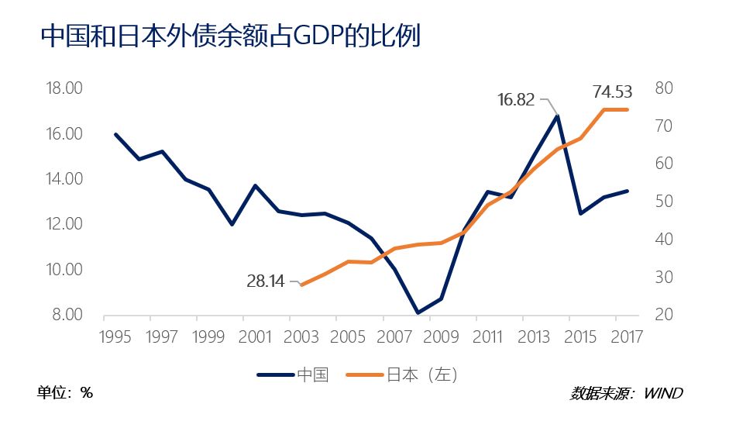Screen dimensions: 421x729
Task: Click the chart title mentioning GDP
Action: [230, 36]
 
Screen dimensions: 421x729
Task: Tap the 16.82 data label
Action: [516, 99]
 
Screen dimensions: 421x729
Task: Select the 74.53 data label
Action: [612, 91]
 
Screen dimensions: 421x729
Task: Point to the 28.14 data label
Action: [266, 281]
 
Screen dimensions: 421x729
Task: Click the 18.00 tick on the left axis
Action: [64, 88]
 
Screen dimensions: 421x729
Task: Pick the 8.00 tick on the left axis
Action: [67, 315]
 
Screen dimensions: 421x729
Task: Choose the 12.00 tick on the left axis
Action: [64, 224]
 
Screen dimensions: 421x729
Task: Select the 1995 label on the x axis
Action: [115, 338]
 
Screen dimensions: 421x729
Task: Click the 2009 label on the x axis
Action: [442, 338]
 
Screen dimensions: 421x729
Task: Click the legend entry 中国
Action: [313, 375]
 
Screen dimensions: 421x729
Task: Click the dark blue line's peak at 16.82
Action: [556, 116]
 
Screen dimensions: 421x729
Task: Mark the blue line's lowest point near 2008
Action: [418, 313]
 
